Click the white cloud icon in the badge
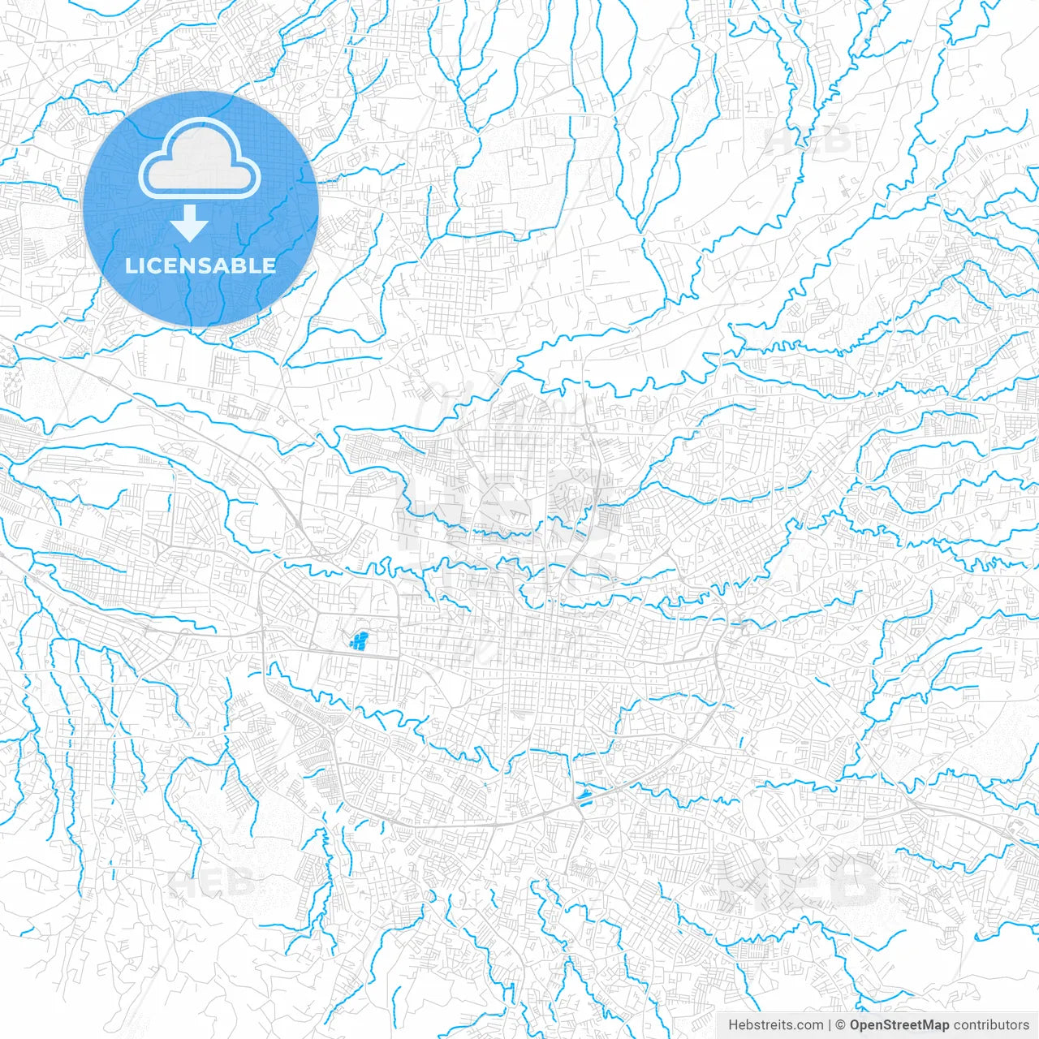[x=200, y=158]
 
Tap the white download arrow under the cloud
[x=189, y=224]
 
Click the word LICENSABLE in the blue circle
[x=200, y=265]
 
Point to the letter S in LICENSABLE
[x=209, y=265]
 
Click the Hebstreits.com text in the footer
[x=775, y=1025]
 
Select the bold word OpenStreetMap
[x=899, y=1025]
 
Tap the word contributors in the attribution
[x=991, y=1025]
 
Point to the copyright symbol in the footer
[x=841, y=1025]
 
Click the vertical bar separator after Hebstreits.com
[x=830, y=1025]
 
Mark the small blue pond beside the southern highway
[x=583, y=793]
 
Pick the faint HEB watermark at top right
[x=808, y=140]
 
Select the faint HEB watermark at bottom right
[x=800, y=881]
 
